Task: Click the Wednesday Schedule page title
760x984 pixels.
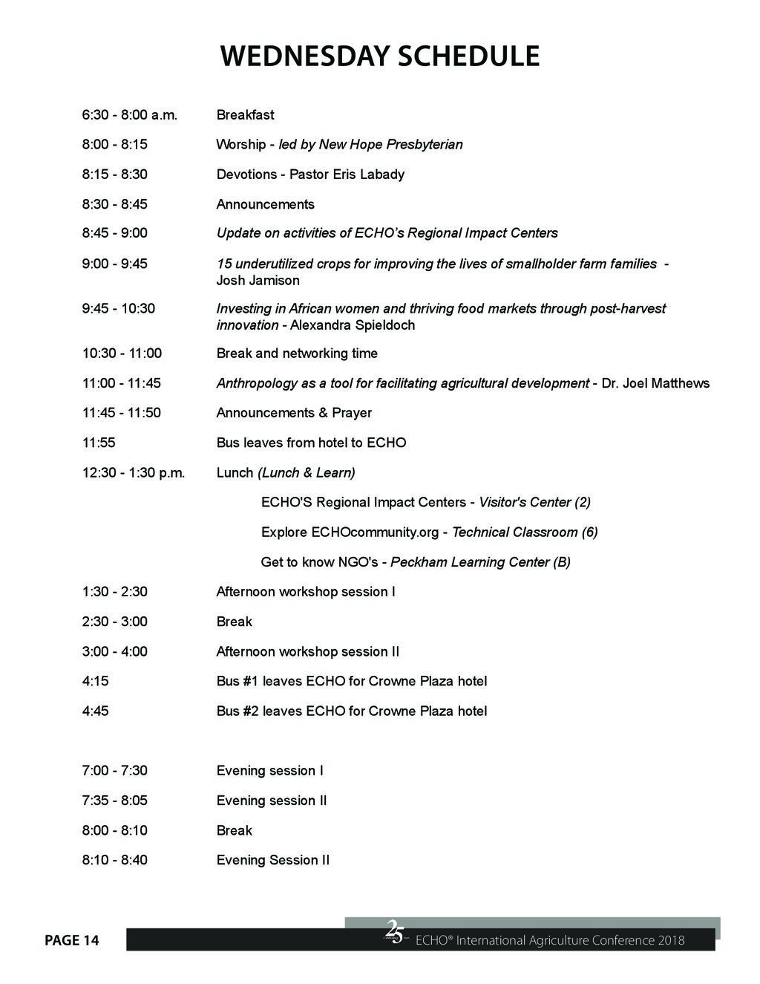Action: pos(379,57)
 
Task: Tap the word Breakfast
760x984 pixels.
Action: pos(245,115)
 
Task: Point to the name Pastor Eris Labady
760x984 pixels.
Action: pos(347,175)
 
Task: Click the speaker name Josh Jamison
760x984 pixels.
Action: pos(258,281)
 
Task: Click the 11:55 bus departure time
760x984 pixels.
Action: pos(99,443)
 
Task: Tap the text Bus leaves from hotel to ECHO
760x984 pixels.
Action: pos(311,443)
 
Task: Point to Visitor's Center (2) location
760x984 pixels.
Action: pos(534,502)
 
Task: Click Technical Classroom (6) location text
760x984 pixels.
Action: pos(525,532)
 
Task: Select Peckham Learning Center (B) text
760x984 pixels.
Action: pos(480,562)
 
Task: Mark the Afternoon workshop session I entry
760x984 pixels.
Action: pos(306,592)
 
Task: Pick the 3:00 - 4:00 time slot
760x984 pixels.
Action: pos(114,651)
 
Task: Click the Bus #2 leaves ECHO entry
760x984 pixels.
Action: pos(352,711)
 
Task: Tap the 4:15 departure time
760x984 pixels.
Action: pos(95,681)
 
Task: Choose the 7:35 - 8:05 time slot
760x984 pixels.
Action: pos(114,801)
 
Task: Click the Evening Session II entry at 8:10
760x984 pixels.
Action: pos(272,860)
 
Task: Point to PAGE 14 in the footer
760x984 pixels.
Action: pos(71,941)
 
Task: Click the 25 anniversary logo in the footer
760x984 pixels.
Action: pos(395,932)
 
